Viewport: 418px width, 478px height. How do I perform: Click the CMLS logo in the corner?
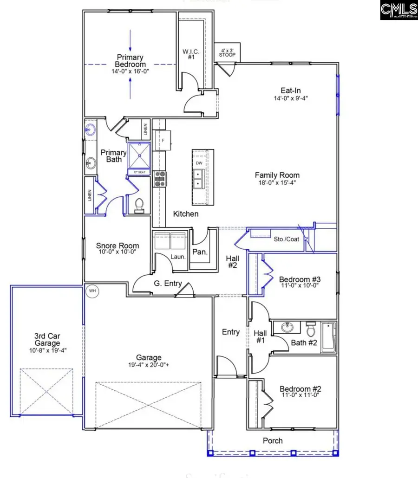[x=398, y=10]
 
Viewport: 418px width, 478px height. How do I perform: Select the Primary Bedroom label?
[x=131, y=61]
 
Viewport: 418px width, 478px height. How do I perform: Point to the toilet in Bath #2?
[x=311, y=329]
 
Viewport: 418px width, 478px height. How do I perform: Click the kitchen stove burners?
[x=160, y=178]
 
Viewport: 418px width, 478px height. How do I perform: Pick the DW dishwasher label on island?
[x=199, y=163]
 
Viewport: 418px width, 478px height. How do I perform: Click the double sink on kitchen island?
[x=198, y=179]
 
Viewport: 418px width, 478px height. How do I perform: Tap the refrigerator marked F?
[x=163, y=140]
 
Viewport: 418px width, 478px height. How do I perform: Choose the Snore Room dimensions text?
[x=118, y=252]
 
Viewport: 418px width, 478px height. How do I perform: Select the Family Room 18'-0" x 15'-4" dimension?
[x=277, y=182]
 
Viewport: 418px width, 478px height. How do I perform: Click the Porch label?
[x=273, y=440]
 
